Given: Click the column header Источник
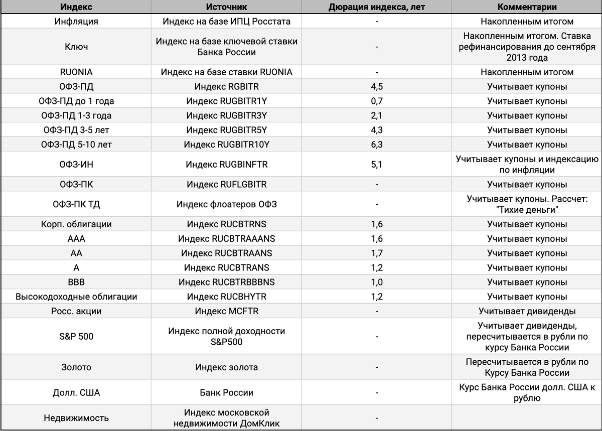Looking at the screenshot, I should point(226,7).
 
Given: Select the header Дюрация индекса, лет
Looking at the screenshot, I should point(377,7).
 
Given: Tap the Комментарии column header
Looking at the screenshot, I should point(527,7).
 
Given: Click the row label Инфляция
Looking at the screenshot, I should point(76,22).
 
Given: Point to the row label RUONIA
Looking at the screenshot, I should point(76,72).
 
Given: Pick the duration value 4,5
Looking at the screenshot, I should point(377,87).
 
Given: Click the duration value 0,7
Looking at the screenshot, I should point(377,101).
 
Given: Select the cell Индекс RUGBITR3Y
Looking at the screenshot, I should point(226,116).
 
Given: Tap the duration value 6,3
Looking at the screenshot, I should point(377,145).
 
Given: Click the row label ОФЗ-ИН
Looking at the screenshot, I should point(76,165).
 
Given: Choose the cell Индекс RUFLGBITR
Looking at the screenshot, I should point(226,185).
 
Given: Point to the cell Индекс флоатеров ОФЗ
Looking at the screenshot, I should point(226,204).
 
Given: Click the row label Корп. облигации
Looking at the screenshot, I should point(76,224).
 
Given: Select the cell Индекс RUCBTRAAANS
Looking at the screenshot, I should point(226,239).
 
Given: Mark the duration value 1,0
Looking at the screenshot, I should point(377,282).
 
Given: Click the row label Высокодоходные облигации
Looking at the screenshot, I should point(76,297).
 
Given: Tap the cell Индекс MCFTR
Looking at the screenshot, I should point(226,312).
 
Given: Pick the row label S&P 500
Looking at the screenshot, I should point(76,336).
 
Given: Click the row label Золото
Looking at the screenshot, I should point(76,368).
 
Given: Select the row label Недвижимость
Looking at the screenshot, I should point(76,418).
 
